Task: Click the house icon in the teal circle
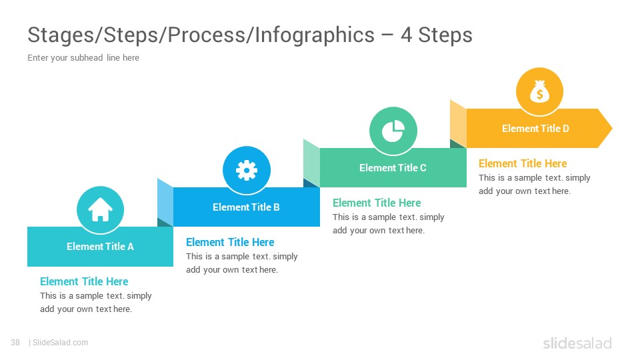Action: click(x=100, y=209)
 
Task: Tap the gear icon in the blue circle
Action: click(x=247, y=170)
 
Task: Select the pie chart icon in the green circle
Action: click(x=393, y=131)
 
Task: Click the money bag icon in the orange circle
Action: click(x=539, y=91)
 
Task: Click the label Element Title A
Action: click(x=101, y=247)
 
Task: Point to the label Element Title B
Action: click(x=246, y=207)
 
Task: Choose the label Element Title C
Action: click(x=393, y=168)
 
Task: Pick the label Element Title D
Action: click(x=535, y=129)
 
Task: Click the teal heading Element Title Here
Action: click(x=84, y=281)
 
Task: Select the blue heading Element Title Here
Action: click(x=230, y=243)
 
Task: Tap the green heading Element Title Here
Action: click(x=377, y=203)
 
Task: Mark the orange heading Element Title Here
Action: click(x=523, y=164)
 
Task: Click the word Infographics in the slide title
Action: click(x=315, y=35)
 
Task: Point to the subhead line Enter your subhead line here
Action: click(x=83, y=57)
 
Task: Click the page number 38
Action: click(x=15, y=343)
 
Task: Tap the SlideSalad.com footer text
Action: click(x=61, y=343)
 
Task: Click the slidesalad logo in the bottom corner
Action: click(x=577, y=343)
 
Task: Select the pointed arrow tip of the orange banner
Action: click(x=612, y=128)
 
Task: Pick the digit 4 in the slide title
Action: click(x=406, y=35)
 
